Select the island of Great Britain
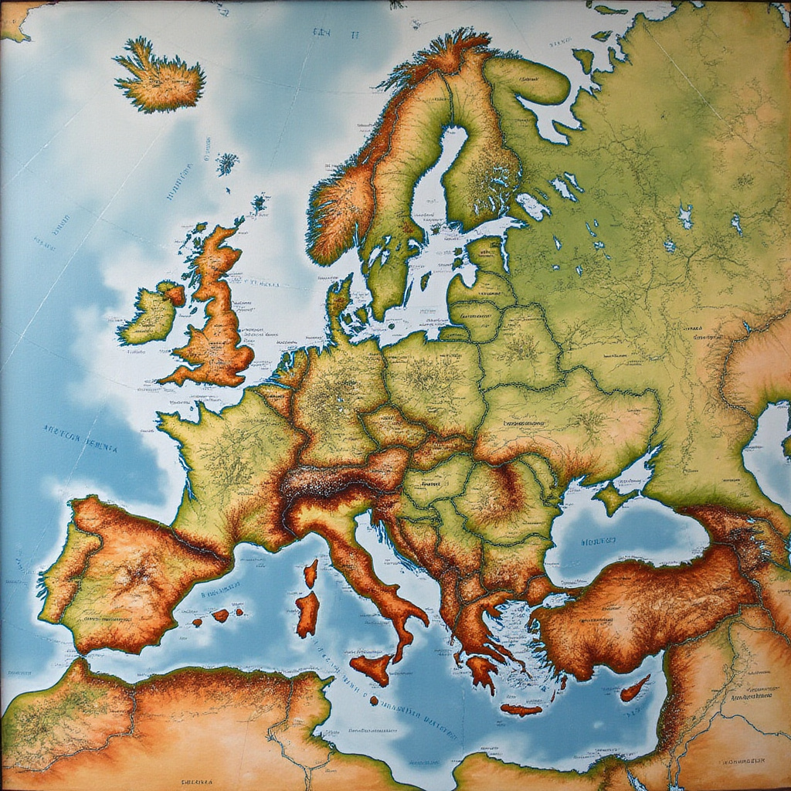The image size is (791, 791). click(216, 324)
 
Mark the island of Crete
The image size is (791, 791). click(521, 709)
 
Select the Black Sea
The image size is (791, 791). click(618, 541)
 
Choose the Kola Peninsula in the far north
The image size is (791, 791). click(533, 77)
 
